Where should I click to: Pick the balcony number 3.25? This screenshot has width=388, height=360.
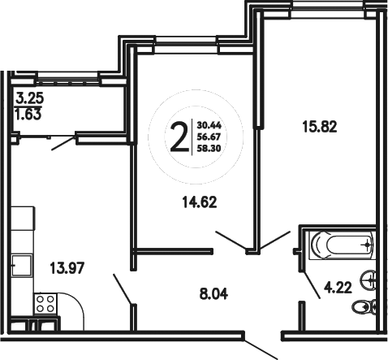(x=31, y=102)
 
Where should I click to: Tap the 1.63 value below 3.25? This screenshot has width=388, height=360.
(x=31, y=115)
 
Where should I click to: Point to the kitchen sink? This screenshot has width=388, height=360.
(x=23, y=265)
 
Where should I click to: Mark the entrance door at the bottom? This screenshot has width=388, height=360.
(x=261, y=349)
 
